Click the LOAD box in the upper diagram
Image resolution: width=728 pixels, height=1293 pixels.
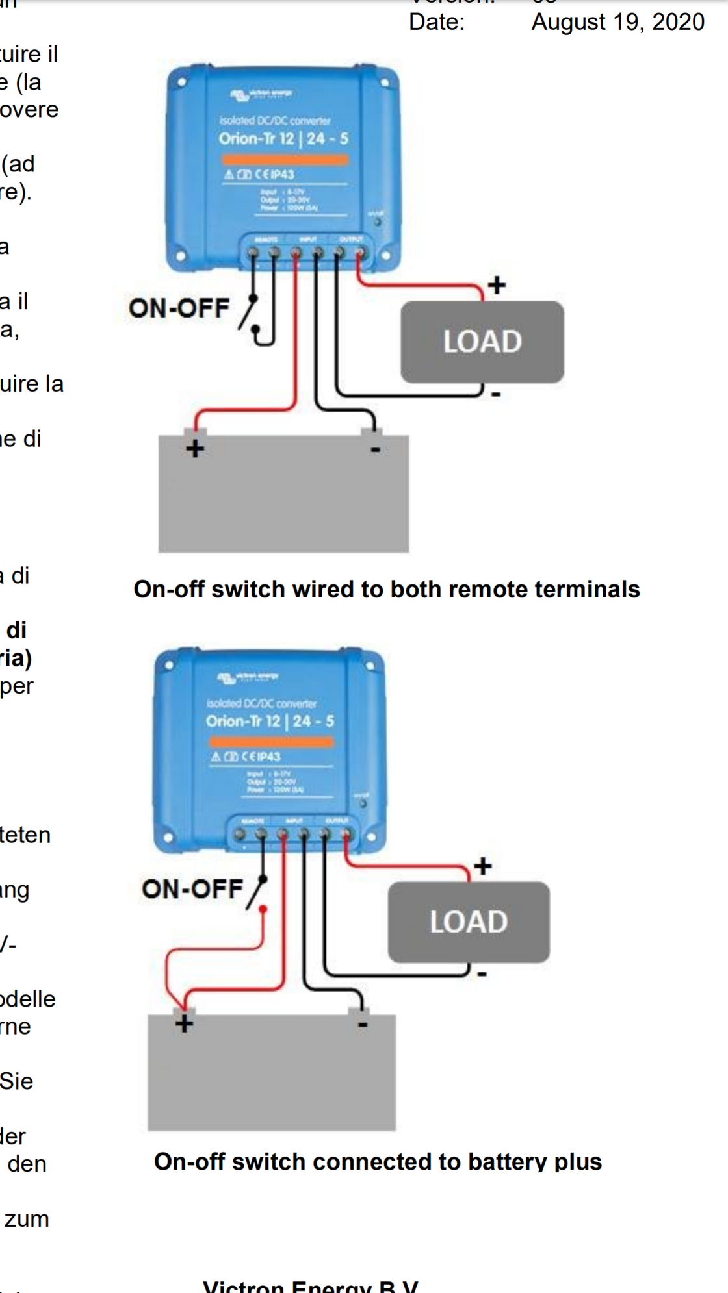(x=482, y=342)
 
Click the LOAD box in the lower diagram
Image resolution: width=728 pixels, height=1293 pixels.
(x=468, y=922)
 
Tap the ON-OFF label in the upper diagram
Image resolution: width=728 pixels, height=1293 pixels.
(x=179, y=308)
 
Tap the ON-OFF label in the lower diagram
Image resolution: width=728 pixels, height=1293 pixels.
(x=192, y=888)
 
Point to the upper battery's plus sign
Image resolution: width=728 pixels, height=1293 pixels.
(x=195, y=449)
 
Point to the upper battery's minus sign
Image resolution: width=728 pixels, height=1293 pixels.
(x=375, y=449)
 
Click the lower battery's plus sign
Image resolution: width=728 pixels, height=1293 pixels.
(x=184, y=1024)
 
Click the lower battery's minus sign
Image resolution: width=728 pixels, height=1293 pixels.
(x=363, y=1025)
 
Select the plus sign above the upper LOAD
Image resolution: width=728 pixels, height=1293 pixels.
(x=497, y=284)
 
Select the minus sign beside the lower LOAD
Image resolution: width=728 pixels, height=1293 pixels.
(x=482, y=973)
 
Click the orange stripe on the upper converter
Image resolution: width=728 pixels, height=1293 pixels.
(x=285, y=159)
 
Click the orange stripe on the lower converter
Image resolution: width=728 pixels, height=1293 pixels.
(x=271, y=741)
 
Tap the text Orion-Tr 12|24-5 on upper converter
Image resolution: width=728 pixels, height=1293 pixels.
(x=283, y=138)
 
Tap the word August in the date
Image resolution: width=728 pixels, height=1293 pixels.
(x=568, y=22)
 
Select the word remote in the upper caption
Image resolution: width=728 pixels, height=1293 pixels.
(x=487, y=589)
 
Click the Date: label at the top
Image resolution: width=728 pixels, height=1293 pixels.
(x=437, y=22)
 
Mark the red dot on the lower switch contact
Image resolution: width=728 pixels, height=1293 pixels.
(x=263, y=909)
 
